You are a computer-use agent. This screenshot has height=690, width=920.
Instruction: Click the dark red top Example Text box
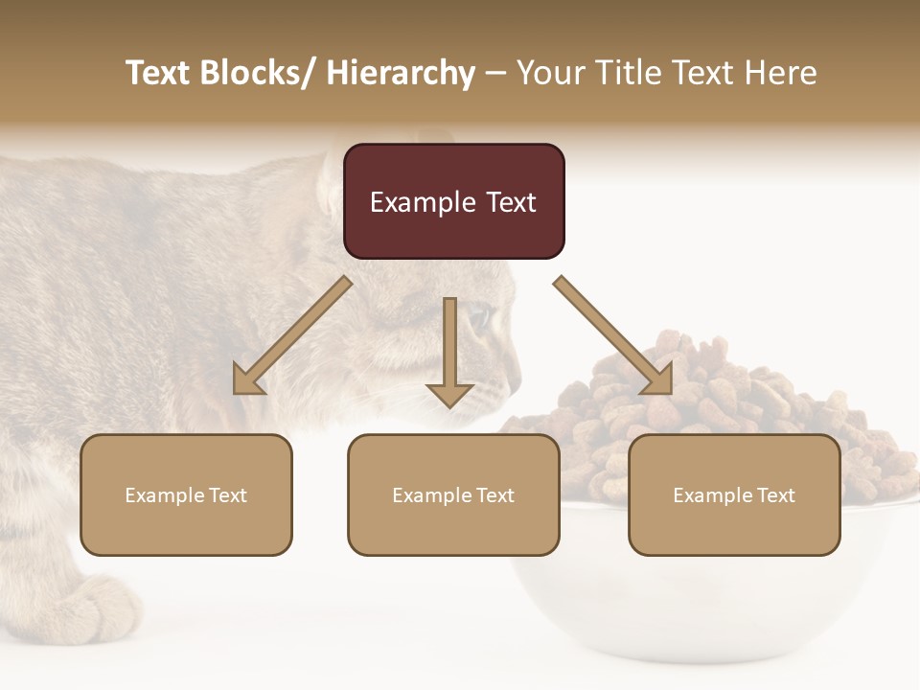coord(453,201)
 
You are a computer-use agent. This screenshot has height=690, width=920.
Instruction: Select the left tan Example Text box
coord(186,494)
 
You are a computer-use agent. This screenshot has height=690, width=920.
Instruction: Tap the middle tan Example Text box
coord(453,494)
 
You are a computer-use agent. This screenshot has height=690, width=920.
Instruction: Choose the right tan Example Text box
coord(734,494)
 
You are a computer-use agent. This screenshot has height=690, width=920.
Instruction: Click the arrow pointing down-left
coord(292,335)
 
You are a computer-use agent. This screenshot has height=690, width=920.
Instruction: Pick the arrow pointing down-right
coord(613,335)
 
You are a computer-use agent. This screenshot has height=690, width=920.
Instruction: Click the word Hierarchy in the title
coord(401,73)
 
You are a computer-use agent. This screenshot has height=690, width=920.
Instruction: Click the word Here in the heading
coord(779,73)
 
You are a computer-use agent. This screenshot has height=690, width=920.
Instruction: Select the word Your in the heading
coord(550,73)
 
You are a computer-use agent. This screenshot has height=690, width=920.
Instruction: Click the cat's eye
coord(478,317)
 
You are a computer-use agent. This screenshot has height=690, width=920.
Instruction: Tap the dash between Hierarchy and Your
coord(495,74)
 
